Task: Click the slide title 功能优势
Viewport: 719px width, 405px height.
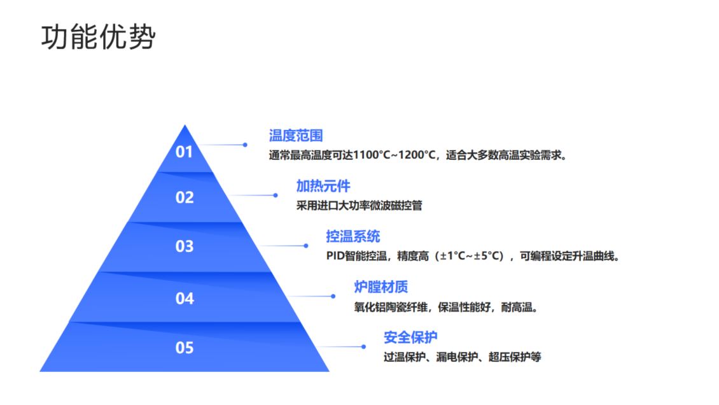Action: click(x=98, y=38)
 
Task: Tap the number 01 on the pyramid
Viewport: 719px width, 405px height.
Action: click(x=184, y=152)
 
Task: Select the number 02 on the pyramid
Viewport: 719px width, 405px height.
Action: click(x=184, y=197)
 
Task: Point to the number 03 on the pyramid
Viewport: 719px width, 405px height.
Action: click(x=184, y=246)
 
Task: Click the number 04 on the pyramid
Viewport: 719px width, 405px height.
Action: click(x=184, y=297)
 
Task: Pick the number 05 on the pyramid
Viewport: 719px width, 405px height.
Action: click(x=184, y=348)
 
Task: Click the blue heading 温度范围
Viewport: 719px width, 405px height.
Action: click(x=296, y=135)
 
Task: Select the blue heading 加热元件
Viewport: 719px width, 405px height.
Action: click(x=323, y=186)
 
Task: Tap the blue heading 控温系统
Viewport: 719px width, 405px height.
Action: click(x=353, y=237)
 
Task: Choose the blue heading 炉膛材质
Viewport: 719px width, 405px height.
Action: click(x=381, y=287)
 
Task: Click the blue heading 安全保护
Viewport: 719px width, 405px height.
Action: click(x=410, y=337)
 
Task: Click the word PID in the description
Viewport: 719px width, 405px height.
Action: click(x=335, y=257)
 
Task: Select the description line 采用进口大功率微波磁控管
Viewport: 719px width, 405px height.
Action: click(x=359, y=206)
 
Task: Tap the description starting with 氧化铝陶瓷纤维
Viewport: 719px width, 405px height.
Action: click(x=447, y=307)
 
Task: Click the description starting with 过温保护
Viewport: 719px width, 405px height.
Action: click(x=462, y=357)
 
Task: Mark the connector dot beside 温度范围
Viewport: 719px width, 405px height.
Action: click(x=245, y=145)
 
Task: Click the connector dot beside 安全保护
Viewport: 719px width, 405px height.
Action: click(x=363, y=346)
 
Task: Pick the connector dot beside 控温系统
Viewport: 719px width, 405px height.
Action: click(x=305, y=246)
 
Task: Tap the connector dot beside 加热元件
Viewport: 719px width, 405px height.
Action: click(x=276, y=195)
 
